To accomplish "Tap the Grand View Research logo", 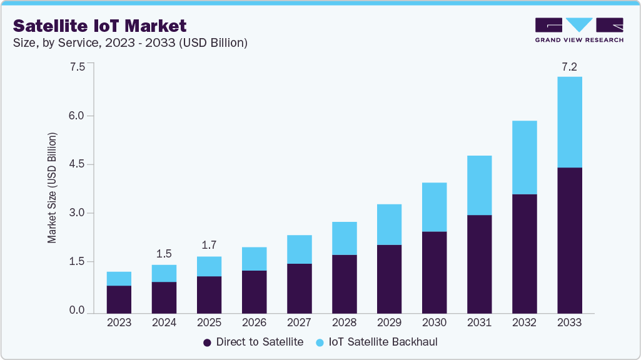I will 579,29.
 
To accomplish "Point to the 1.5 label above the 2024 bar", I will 164,254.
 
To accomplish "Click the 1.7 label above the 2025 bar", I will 209,245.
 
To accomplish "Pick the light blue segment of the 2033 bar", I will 569,122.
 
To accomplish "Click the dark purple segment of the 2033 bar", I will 569,240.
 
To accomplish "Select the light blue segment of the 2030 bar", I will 434,207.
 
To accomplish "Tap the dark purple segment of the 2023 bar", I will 119,299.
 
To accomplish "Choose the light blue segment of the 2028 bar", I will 344,238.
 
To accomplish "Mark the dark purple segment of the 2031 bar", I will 479,264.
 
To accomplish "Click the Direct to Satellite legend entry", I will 253,342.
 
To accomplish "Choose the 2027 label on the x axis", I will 299,322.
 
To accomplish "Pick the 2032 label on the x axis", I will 524,322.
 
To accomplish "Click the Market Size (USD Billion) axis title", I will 53,187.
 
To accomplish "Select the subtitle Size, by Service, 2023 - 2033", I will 131,43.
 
